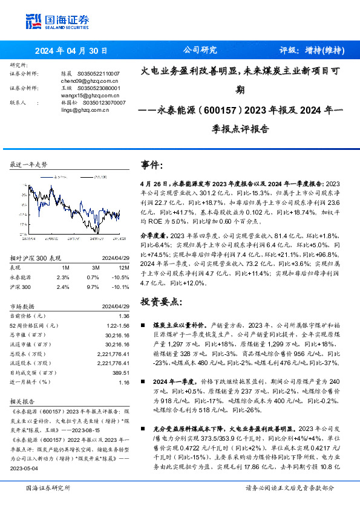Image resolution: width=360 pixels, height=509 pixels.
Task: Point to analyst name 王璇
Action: tap(67, 88)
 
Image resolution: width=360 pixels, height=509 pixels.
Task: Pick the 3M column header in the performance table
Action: tap(96, 267)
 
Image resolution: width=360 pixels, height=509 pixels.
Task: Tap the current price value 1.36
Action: tap(125, 316)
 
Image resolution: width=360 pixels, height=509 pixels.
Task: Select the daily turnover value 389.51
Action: tap(120, 373)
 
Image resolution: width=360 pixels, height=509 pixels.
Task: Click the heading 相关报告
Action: tap(24, 401)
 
